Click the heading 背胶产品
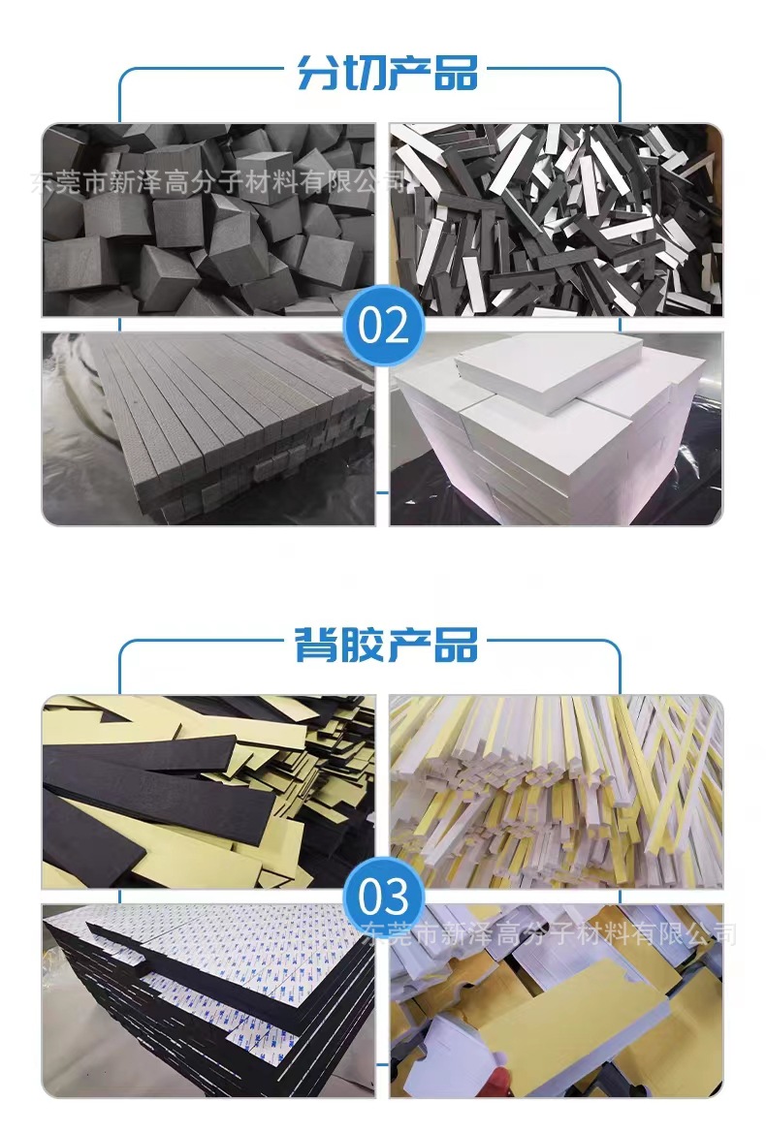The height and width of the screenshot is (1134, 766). (x=387, y=645)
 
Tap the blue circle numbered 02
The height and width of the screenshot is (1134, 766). (x=384, y=327)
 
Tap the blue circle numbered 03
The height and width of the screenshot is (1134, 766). (x=384, y=897)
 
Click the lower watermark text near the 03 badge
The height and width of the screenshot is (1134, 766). (x=548, y=935)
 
